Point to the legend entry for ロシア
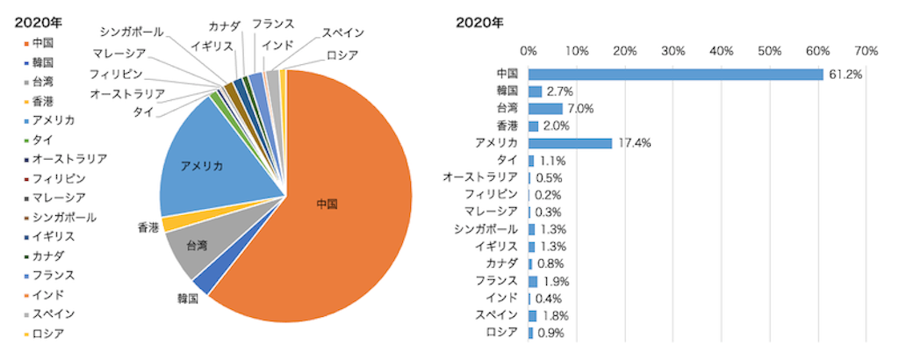(x=47, y=333)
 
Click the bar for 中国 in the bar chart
(x=675, y=75)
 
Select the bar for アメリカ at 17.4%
(x=570, y=143)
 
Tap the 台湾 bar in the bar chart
(x=545, y=109)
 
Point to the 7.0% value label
(x=581, y=109)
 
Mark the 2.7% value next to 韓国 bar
(x=560, y=91)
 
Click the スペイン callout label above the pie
(x=342, y=33)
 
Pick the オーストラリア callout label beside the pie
(x=126, y=94)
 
